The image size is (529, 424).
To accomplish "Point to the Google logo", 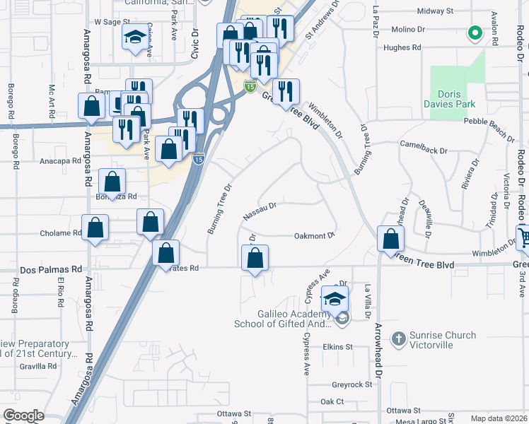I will pyautogui.click(x=23, y=416).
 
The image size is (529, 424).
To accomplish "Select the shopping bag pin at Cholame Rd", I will pyautogui.click(x=95, y=228).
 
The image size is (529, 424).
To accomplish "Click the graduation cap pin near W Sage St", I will pyautogui.click(x=134, y=39).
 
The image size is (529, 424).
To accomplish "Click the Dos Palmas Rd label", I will pyautogui.click(x=51, y=269).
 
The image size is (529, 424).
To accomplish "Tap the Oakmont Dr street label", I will pyautogui.click(x=313, y=236).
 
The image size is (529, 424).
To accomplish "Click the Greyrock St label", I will pyautogui.click(x=351, y=385).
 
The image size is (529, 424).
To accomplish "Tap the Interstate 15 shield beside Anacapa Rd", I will pyautogui.click(x=199, y=160).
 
